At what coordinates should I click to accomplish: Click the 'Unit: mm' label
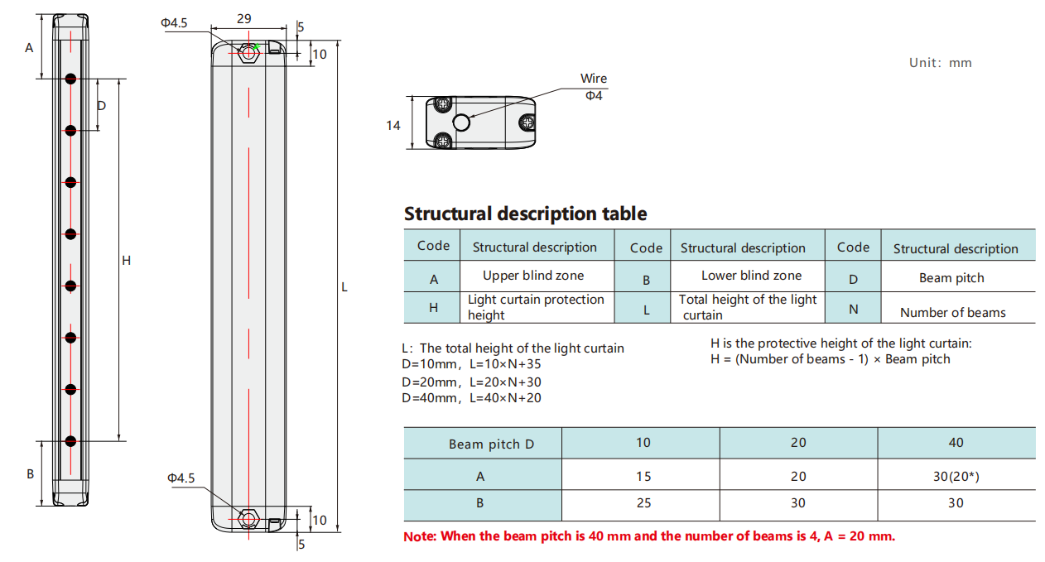coord(940,63)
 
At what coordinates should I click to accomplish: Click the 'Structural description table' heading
coord(525,214)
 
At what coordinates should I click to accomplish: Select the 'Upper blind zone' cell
coord(533,276)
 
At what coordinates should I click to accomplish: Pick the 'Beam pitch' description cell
coord(951,278)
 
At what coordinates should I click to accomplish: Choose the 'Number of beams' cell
coord(952,313)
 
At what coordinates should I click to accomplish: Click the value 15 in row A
coord(643,477)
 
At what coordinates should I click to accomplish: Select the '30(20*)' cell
coord(956,477)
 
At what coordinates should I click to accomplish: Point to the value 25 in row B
coord(643,503)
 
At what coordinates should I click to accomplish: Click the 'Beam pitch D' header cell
coord(491,444)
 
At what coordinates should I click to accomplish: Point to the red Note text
coord(649,536)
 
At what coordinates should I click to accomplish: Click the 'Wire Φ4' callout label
coord(593,87)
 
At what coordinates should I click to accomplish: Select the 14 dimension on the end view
coord(393,126)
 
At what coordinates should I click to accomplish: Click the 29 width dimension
coord(244,18)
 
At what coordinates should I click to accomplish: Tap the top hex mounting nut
coord(248,54)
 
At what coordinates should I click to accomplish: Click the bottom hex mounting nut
coord(248,519)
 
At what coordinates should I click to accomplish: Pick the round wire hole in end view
coord(461,123)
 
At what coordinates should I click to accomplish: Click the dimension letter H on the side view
coord(127,261)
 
